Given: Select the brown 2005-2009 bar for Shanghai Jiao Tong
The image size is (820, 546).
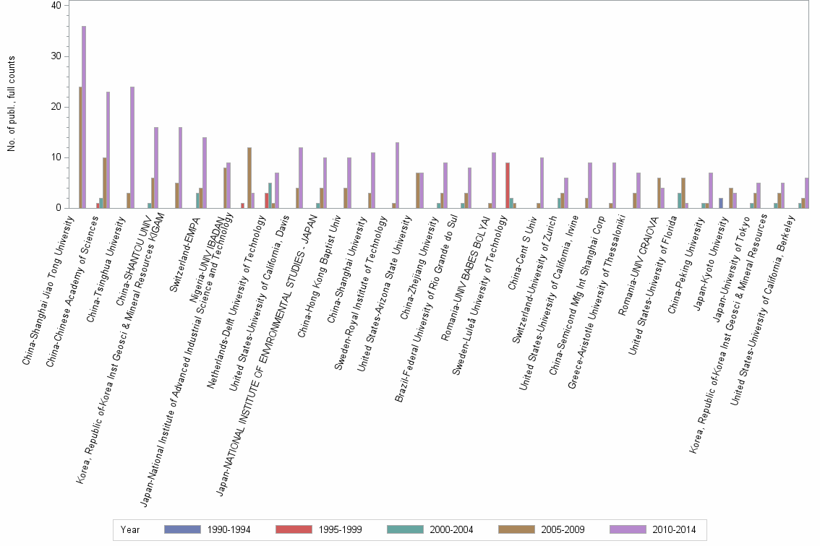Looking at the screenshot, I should click(80, 147).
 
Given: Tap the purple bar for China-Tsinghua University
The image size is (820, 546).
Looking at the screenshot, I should click(132, 147).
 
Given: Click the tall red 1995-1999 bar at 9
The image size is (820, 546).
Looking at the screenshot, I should click(508, 185).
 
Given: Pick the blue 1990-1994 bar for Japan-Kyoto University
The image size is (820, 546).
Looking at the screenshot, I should click(721, 203).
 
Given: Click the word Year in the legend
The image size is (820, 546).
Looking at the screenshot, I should click(131, 530).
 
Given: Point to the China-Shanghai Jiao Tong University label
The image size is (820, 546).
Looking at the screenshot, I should click(48, 289).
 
